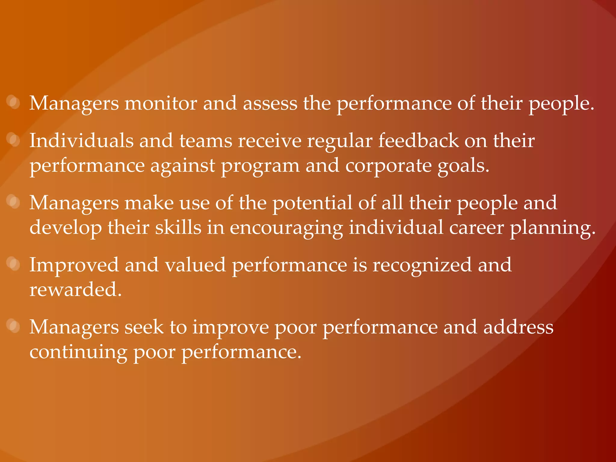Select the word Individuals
(x=81, y=141)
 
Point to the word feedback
(x=418, y=141)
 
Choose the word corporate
(x=388, y=166)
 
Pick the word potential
(x=312, y=203)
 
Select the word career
(x=476, y=228)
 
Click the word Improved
(x=74, y=265)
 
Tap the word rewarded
(x=75, y=290)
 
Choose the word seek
(x=144, y=327)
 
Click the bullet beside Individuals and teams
(x=14, y=140)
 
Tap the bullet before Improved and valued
(x=14, y=264)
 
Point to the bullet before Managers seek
(x=14, y=326)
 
